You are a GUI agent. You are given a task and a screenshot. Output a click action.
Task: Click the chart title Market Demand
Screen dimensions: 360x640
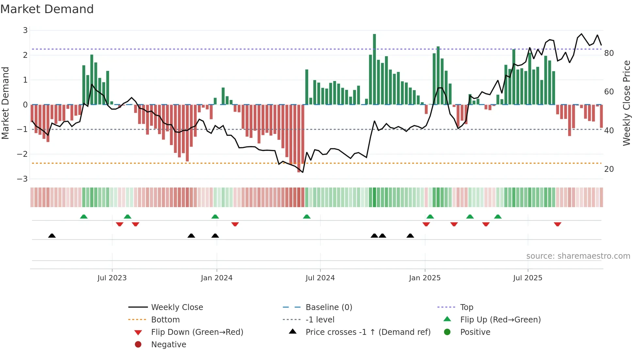pos(47,9)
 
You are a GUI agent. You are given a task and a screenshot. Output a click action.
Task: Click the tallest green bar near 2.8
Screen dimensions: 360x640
pos(374,69)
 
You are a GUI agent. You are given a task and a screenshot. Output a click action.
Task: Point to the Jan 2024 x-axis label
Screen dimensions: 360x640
pos(216,278)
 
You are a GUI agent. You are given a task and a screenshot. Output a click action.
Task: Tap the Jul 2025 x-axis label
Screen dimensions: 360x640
pos(527,278)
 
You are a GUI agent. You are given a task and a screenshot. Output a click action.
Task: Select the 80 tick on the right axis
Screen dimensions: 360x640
pos(609,53)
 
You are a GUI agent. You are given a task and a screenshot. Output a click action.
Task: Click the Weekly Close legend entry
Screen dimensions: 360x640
pos(177,307)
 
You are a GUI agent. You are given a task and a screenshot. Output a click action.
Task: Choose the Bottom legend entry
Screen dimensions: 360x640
pos(165,320)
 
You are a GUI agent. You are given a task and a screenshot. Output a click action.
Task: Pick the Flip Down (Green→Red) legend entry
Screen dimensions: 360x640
pos(197,332)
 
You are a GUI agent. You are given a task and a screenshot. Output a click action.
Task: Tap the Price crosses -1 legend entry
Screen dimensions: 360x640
pos(368,332)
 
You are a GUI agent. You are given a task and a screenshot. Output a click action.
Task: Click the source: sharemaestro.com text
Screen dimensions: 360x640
pos(578,256)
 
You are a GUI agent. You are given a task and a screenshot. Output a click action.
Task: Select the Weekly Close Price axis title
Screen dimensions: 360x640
pos(626,103)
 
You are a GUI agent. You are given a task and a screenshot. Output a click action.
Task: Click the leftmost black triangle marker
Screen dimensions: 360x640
pos(52,236)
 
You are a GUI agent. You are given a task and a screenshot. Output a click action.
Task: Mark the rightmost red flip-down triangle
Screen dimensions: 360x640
pos(557,224)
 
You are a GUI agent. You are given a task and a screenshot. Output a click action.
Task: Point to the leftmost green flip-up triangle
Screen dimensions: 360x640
pos(84,217)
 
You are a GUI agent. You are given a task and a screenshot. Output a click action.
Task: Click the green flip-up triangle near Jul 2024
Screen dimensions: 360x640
pos(307,217)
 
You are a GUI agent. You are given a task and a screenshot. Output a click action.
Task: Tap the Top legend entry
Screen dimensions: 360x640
pos(466,307)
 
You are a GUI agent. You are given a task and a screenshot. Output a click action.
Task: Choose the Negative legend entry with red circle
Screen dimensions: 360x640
pos(168,345)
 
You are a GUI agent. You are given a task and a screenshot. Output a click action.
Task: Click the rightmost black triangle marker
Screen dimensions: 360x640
pos(410,236)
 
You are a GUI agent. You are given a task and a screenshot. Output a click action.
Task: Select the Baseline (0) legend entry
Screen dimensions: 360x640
pos(328,307)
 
